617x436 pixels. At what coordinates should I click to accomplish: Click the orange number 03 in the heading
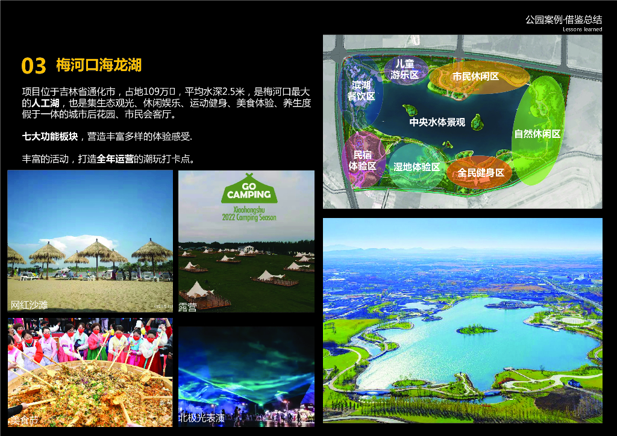tap(34, 65)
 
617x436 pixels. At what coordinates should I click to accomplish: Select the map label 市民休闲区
tap(475, 76)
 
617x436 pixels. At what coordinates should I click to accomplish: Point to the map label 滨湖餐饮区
tap(361, 91)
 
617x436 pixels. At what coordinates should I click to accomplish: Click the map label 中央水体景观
tap(437, 122)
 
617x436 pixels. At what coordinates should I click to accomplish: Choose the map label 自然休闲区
tap(537, 134)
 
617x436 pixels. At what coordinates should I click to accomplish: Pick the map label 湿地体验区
tap(416, 167)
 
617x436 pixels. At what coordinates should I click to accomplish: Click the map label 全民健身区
tap(480, 173)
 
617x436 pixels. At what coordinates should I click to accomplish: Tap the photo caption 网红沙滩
tap(29, 305)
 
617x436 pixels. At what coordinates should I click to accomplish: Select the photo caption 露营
tap(187, 307)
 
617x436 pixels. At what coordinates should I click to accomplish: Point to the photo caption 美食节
tap(23, 419)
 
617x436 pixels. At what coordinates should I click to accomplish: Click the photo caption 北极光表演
tap(201, 417)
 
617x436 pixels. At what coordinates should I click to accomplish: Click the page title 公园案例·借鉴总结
tap(563, 19)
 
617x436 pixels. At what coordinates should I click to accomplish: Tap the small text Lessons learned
tap(582, 29)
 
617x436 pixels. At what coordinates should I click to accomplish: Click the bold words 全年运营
tap(115, 160)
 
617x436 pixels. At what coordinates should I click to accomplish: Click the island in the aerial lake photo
tap(476, 329)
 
